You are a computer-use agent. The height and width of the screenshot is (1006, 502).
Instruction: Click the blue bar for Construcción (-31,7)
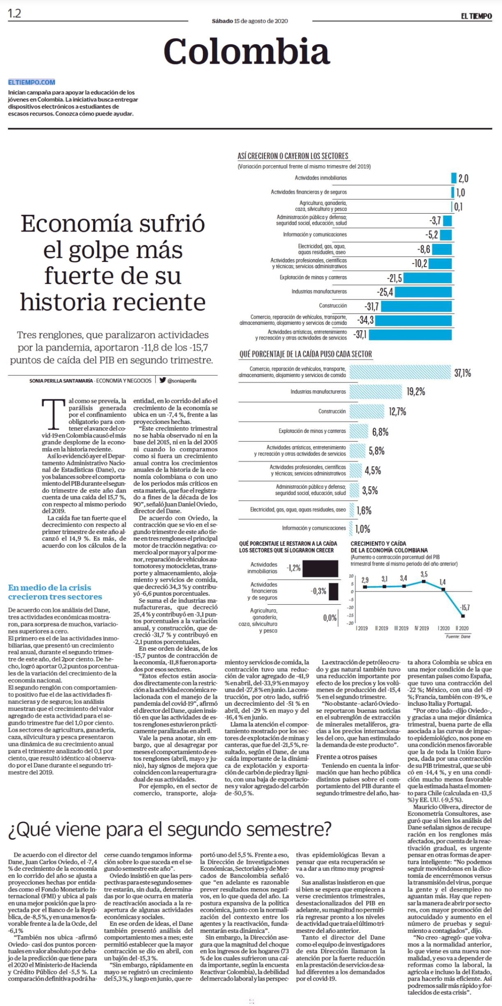coord(416,306)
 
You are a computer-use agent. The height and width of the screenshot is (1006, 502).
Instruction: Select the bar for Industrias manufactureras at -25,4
coord(424,292)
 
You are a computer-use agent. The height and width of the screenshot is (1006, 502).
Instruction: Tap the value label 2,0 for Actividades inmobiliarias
coord(463,178)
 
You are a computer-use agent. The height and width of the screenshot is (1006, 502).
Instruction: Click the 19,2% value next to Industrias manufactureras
coord(416,391)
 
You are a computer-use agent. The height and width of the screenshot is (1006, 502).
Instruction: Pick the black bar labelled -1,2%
coord(321,569)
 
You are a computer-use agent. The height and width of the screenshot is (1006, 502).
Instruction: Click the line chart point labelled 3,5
coord(424,581)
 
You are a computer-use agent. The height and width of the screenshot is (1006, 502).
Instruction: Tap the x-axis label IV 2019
coord(422,628)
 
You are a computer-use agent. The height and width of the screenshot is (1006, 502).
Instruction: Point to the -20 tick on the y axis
coord(351,624)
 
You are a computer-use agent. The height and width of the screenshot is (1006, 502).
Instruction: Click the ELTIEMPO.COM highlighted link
coord(32,82)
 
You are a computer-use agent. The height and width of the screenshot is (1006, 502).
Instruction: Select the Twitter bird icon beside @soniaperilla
coord(163,380)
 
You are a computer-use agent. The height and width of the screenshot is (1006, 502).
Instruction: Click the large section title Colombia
coord(247,51)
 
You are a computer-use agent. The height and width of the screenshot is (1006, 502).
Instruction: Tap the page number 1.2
coord(14,14)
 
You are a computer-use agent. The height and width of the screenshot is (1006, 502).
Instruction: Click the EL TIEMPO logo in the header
coord(476,16)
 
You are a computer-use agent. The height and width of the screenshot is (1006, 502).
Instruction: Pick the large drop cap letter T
coord(53,413)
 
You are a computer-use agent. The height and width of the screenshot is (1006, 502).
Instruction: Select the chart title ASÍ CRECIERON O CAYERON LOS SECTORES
coord(293,156)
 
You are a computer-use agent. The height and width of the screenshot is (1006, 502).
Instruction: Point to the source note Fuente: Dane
coord(458,636)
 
